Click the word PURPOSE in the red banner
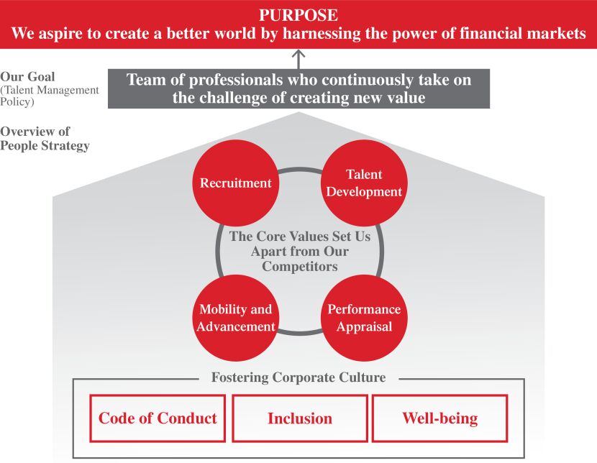pyautogui.click(x=298, y=15)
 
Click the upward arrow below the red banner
pyautogui.click(x=298, y=58)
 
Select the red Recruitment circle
pyautogui.click(x=236, y=183)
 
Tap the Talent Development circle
pyautogui.click(x=364, y=183)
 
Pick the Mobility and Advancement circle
pyautogui.click(x=236, y=318)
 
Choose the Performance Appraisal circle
pyautogui.click(x=364, y=318)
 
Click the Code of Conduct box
pyautogui.click(x=158, y=418)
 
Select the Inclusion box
pyautogui.click(x=299, y=418)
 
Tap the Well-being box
pyautogui.click(x=439, y=418)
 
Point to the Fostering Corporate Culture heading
pyautogui.click(x=298, y=377)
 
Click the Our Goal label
pyautogui.click(x=27, y=77)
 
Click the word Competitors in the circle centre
pyautogui.click(x=299, y=267)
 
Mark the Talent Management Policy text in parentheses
pyautogui.click(x=49, y=96)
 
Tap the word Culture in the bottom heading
pyautogui.click(x=362, y=377)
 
